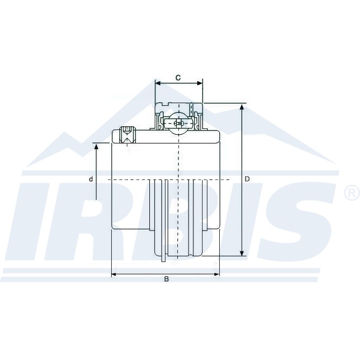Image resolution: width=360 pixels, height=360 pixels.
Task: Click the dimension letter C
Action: coord(178,78)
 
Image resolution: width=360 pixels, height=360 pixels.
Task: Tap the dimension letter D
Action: coord(247,179)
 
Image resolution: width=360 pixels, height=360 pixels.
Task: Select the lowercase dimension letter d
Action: coord(91,179)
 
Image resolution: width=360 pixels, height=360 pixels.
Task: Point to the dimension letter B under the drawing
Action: coord(167,279)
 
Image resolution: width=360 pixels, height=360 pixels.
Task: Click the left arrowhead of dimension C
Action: coord(158,83)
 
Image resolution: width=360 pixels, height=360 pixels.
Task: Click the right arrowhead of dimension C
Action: coord(200,83)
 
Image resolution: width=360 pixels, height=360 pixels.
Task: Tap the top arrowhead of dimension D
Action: coord(242,107)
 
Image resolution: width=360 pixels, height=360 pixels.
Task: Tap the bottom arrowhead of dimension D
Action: coord(242,253)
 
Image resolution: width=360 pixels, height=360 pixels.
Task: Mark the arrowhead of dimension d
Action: coord(96,146)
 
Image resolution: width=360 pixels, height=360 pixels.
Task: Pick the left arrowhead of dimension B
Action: coord(114,274)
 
